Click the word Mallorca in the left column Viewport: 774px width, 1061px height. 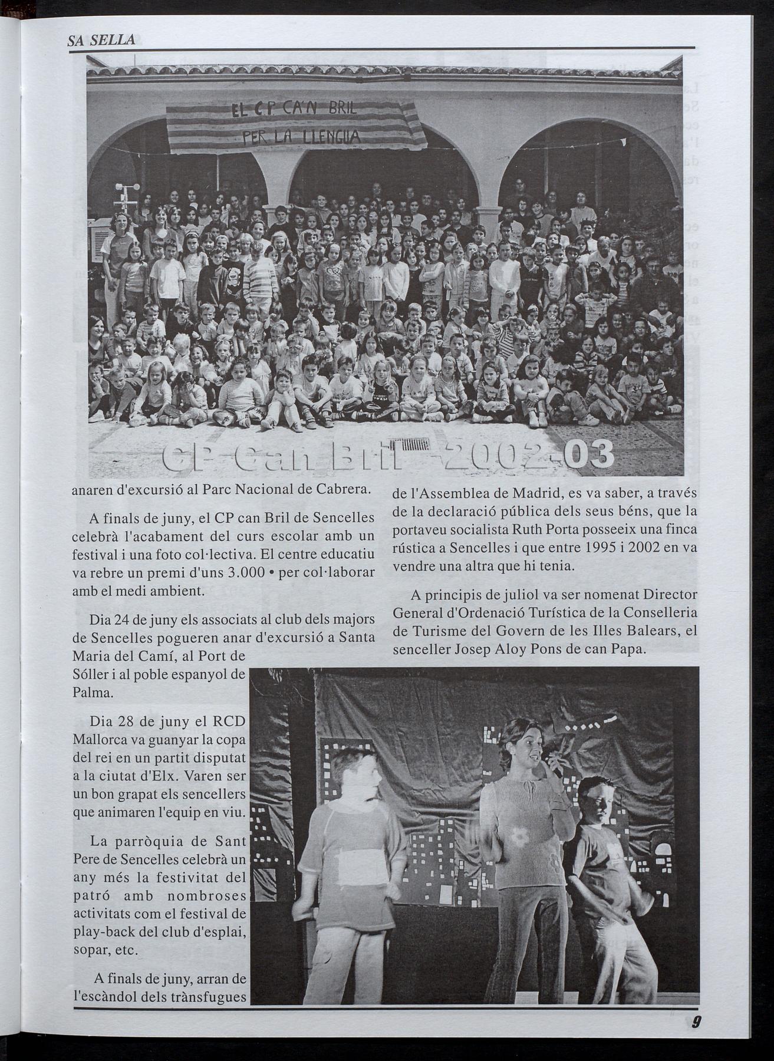[96, 740]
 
